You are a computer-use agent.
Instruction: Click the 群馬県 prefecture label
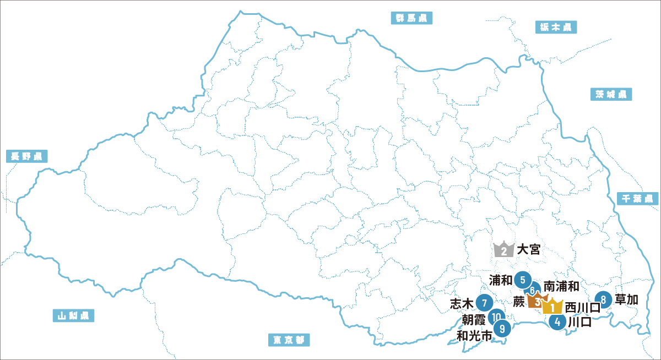[411, 18]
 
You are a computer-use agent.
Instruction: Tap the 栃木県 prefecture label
[556, 27]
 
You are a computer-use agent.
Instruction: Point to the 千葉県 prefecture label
[637, 198]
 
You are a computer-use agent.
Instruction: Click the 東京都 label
[289, 340]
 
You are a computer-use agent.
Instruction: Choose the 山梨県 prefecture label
[73, 315]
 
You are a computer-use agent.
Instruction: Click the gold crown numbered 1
[552, 306]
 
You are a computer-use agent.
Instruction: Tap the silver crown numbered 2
[504, 250]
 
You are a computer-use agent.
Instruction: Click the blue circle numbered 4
[559, 323]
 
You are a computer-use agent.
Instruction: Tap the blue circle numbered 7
[484, 303]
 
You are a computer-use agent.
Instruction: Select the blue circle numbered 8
[604, 299]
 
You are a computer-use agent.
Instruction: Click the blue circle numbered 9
[502, 329]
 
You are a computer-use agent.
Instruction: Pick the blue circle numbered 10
[496, 316]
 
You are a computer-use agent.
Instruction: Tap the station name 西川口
[582, 307]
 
